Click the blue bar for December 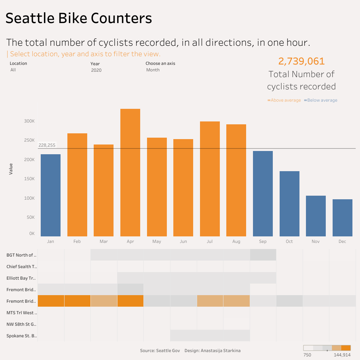click(342, 218)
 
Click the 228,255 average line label click(47, 145)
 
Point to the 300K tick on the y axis click(29, 121)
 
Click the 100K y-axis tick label click(29, 198)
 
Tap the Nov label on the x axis click(316, 241)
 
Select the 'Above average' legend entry click(284, 100)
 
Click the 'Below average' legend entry click(321, 100)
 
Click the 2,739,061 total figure click(301, 61)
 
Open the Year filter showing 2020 click(96, 70)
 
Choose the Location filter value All click(13, 70)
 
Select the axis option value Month click(153, 70)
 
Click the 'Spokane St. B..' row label click(22, 336)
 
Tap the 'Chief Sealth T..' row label click(22, 267)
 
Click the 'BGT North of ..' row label click(22, 255)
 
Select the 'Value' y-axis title click(11, 169)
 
